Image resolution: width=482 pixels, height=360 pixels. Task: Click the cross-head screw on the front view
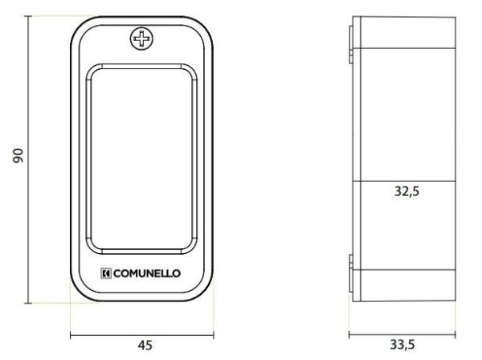pyautogui.click(x=141, y=39)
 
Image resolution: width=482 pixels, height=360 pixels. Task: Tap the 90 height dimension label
pyautogui.click(x=18, y=156)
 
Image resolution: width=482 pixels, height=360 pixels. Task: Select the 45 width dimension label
pyautogui.click(x=145, y=346)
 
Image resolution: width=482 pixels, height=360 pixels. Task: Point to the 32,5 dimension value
pyautogui.click(x=406, y=191)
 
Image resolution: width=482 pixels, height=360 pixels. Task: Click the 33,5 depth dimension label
pyautogui.click(x=402, y=345)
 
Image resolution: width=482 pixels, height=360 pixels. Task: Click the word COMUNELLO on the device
pyautogui.click(x=147, y=273)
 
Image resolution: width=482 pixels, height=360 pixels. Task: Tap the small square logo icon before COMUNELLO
pyautogui.click(x=106, y=273)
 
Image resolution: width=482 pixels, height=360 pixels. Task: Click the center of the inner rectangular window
pyautogui.click(x=141, y=159)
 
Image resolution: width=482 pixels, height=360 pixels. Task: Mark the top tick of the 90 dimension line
pyautogui.click(x=28, y=16)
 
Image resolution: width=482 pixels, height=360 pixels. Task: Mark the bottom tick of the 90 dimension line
pyautogui.click(x=28, y=303)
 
